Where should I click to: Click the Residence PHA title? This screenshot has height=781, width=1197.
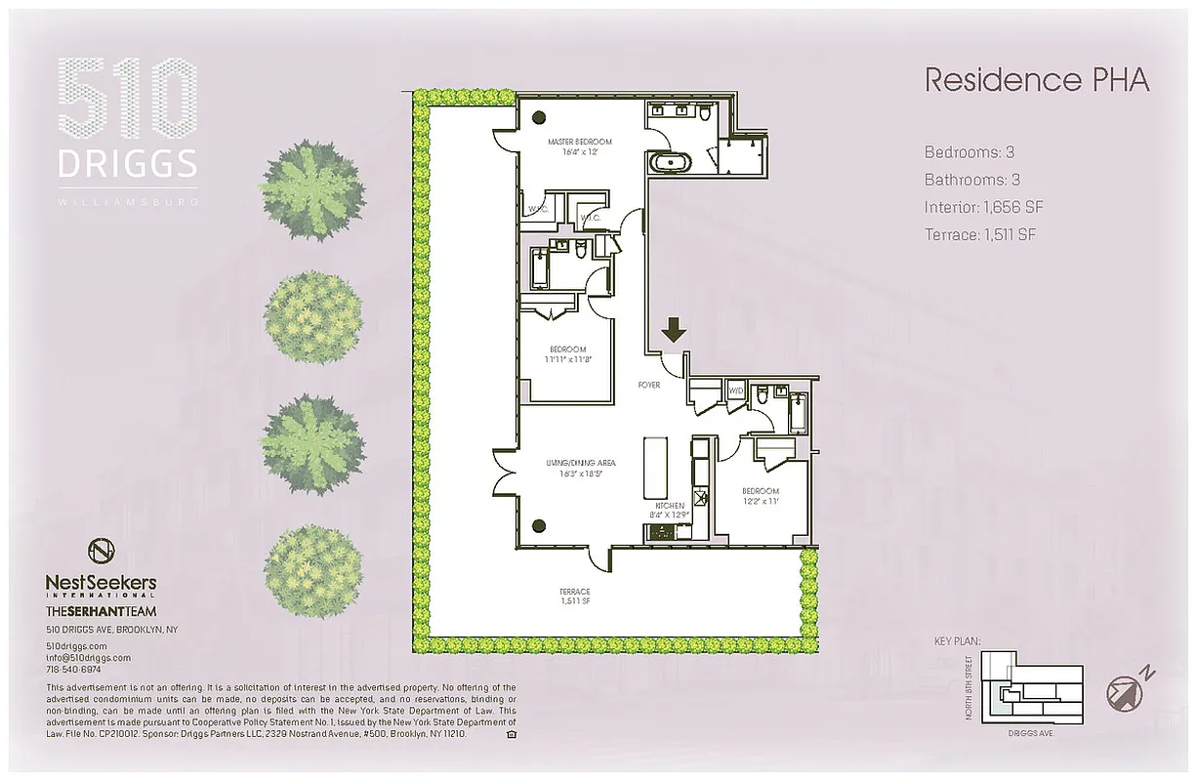pos(1036,80)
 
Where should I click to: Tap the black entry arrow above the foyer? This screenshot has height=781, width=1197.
pos(674,330)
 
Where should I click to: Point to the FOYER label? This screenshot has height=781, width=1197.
pos(649,385)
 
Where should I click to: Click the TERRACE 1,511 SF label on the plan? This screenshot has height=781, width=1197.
pos(575,596)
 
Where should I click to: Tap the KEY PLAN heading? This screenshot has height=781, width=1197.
pos(957,641)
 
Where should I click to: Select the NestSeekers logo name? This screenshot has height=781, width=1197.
pos(101,583)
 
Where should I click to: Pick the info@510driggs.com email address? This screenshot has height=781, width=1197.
pos(88,658)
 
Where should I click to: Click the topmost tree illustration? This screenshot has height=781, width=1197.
pos(311,189)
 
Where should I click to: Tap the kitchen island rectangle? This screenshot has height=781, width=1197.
pos(654,470)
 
